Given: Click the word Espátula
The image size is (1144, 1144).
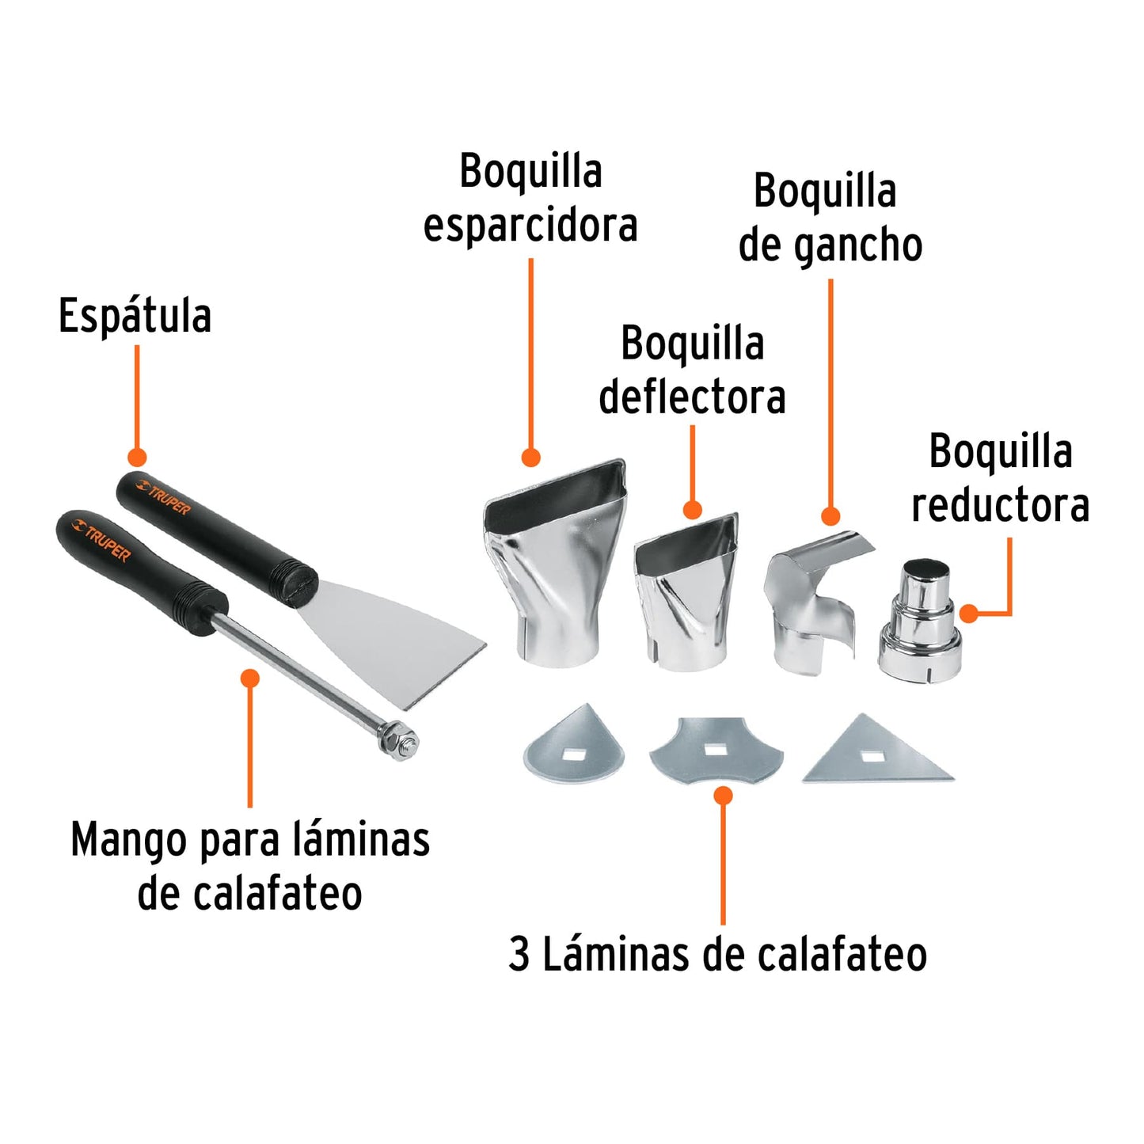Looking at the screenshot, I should (135, 317).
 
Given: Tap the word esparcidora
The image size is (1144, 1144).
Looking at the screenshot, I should (530, 226).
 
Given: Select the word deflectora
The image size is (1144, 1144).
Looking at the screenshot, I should (692, 397).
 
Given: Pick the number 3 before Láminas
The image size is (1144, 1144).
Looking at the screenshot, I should (519, 954).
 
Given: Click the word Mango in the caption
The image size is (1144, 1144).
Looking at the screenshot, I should (129, 840).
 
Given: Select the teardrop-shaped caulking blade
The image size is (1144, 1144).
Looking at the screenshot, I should (575, 749).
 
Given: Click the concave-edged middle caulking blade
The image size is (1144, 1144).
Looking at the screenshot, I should (716, 749).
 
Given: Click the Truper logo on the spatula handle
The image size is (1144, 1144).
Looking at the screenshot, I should (163, 496).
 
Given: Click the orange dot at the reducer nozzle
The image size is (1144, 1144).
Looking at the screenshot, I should (968, 613).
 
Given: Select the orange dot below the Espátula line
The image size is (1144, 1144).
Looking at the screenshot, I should (137, 457).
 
